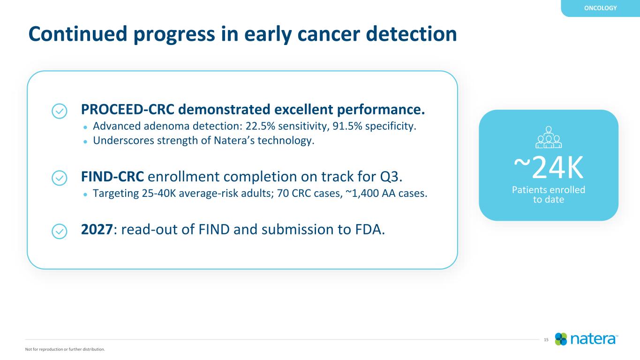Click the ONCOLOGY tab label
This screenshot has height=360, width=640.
click(x=600, y=8)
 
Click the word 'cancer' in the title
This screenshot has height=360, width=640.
click(x=329, y=34)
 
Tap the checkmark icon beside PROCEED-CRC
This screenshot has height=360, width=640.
click(x=60, y=111)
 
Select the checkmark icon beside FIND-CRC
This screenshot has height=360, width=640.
click(x=60, y=178)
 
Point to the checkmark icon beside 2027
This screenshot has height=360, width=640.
click(x=60, y=231)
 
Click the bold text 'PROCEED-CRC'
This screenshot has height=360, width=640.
click(x=128, y=109)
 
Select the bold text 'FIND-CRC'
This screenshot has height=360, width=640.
click(x=112, y=177)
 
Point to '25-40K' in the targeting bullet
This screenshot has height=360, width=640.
click(x=159, y=193)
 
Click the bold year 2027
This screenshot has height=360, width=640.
click(x=97, y=229)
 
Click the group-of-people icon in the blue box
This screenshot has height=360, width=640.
click(x=549, y=137)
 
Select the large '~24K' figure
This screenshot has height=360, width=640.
click(x=549, y=167)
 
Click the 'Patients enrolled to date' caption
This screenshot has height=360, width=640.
click(x=549, y=194)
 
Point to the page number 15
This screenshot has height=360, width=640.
click(x=546, y=340)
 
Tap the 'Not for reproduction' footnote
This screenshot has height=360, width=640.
click(x=65, y=349)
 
